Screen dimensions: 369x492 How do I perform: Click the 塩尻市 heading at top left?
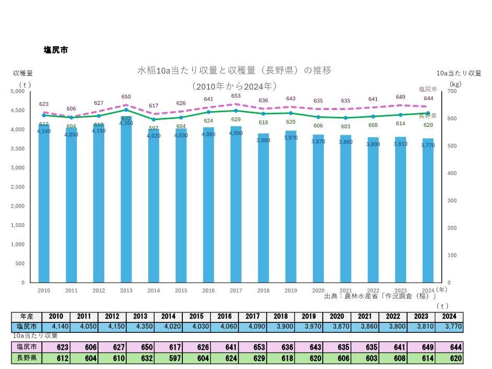[x=56, y=50]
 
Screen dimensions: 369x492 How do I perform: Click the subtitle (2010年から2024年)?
[x=234, y=85]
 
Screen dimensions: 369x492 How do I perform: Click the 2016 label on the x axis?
[x=209, y=290]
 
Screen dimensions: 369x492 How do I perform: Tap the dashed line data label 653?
[x=236, y=96]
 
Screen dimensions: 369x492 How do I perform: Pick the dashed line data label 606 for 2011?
[x=71, y=108]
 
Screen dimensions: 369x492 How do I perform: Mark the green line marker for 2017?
[x=236, y=111]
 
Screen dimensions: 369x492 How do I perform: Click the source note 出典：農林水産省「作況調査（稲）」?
[x=380, y=297]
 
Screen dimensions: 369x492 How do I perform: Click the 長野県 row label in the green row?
[x=26, y=359]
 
